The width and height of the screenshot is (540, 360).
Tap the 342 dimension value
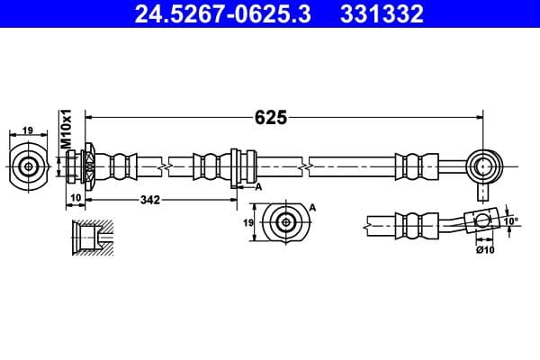[149, 200]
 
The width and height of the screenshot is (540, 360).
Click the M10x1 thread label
[65, 130]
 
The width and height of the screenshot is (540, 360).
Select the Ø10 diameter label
[485, 249]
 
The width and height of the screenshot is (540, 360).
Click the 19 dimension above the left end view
[28, 130]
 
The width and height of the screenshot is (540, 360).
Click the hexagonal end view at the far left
[29, 166]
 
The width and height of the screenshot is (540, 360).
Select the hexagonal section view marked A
[285, 221]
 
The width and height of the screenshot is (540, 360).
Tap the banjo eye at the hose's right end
[485, 166]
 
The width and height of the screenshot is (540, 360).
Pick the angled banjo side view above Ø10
[480, 221]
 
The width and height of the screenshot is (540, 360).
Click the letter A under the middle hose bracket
[258, 186]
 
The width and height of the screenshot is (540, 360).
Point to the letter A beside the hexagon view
[312, 208]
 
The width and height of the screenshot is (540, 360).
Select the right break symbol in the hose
[310, 166]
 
